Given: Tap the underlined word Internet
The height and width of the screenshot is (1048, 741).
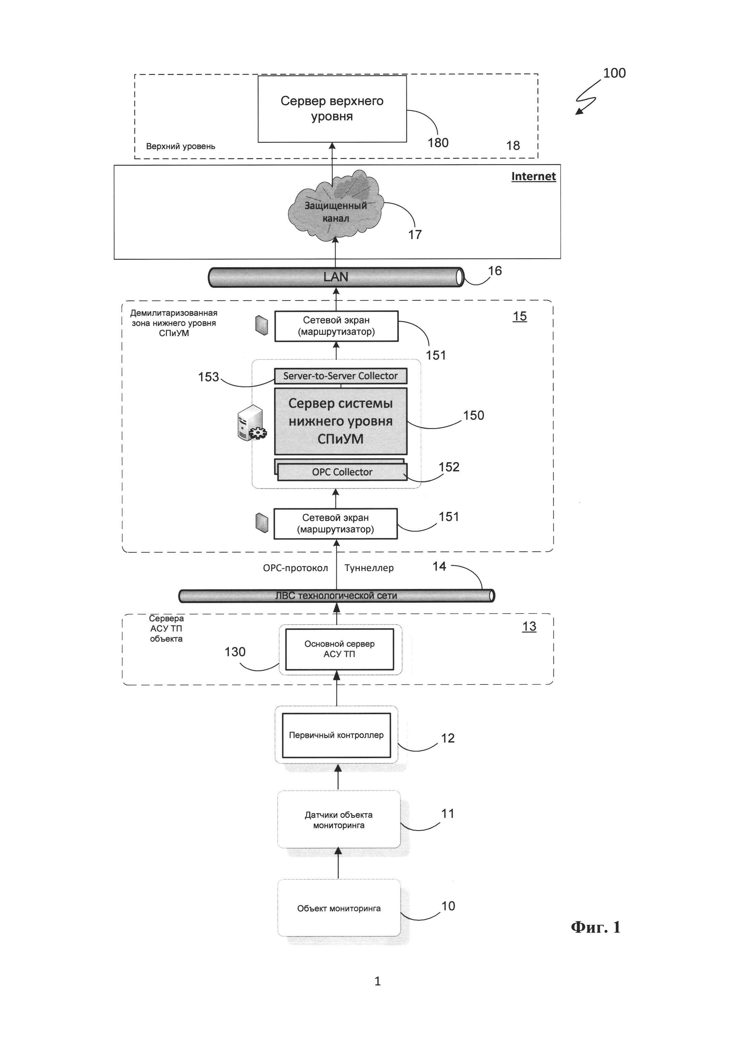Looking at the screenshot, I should (533, 177).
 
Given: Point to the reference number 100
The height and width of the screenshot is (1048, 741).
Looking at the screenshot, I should (614, 73).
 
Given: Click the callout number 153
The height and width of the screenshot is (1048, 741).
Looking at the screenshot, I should (209, 377).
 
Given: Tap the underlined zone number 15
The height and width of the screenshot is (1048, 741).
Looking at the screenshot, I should (520, 316).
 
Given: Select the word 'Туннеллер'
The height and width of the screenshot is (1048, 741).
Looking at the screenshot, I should (369, 568).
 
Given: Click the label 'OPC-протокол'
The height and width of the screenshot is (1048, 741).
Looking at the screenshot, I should (295, 568).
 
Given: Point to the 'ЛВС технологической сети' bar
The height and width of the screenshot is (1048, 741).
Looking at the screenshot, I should (336, 596).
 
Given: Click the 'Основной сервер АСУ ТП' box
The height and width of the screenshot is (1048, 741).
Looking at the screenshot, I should (339, 649).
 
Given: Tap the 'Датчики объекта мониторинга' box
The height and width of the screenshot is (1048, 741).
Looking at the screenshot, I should (339, 820).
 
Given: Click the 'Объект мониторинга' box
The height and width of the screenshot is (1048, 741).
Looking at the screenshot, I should (339, 909).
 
